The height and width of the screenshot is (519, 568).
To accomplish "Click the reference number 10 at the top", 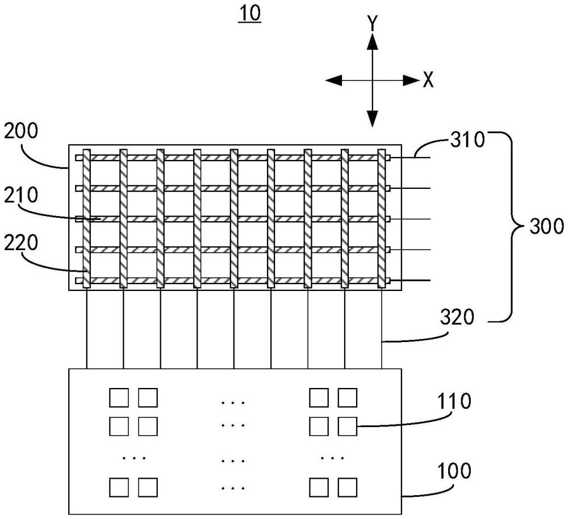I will [250, 14].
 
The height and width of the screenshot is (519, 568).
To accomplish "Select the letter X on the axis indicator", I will [428, 81].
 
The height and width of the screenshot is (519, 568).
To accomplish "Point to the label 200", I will [20, 132].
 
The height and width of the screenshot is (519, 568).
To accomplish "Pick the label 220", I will [20, 243].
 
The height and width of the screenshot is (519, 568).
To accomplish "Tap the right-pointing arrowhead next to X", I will [411, 81].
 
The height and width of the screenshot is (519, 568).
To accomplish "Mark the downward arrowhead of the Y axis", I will [372, 119].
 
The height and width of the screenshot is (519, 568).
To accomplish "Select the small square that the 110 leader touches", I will [347, 425].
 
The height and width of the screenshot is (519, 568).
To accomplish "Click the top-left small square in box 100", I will [119, 398].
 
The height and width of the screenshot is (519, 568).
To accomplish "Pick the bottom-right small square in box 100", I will [347, 487].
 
